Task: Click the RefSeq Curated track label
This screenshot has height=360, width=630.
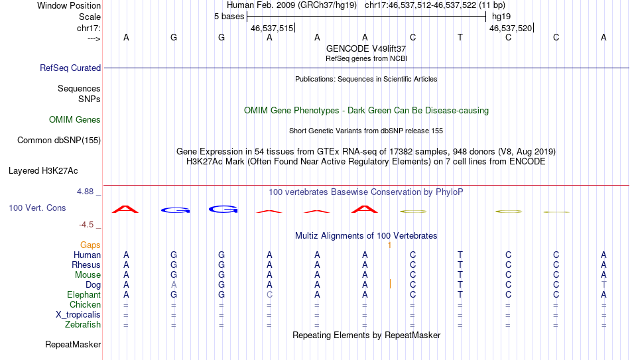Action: tap(70, 68)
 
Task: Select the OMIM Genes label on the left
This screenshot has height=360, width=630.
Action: tap(75, 120)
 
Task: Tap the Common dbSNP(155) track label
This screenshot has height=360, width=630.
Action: tap(59, 141)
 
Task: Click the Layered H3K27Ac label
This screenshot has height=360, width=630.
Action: tap(43, 171)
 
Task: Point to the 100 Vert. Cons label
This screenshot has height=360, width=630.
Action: tap(37, 208)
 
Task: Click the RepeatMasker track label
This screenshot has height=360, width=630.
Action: tap(73, 344)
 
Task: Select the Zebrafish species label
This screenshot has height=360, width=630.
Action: tap(83, 324)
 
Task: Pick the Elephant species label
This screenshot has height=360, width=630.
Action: tap(84, 294)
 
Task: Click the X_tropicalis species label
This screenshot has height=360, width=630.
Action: tap(78, 315)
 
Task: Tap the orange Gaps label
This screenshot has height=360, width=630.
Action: tap(90, 245)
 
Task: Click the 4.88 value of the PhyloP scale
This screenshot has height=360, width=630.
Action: tap(85, 192)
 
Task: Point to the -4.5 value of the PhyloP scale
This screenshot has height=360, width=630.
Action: tap(86, 225)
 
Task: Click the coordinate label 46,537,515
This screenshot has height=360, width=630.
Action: tap(272, 28)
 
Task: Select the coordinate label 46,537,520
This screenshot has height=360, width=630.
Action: tap(511, 28)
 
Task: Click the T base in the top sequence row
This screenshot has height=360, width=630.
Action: tap(460, 37)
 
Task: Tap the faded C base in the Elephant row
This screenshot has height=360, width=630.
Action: tap(269, 294)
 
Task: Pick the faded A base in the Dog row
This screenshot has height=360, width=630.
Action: tap(174, 284)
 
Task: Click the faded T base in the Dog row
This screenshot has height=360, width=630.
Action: tap(603, 284)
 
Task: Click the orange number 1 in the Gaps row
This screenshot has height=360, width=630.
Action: tap(389, 245)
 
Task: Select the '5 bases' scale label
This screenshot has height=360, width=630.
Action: tap(229, 17)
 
